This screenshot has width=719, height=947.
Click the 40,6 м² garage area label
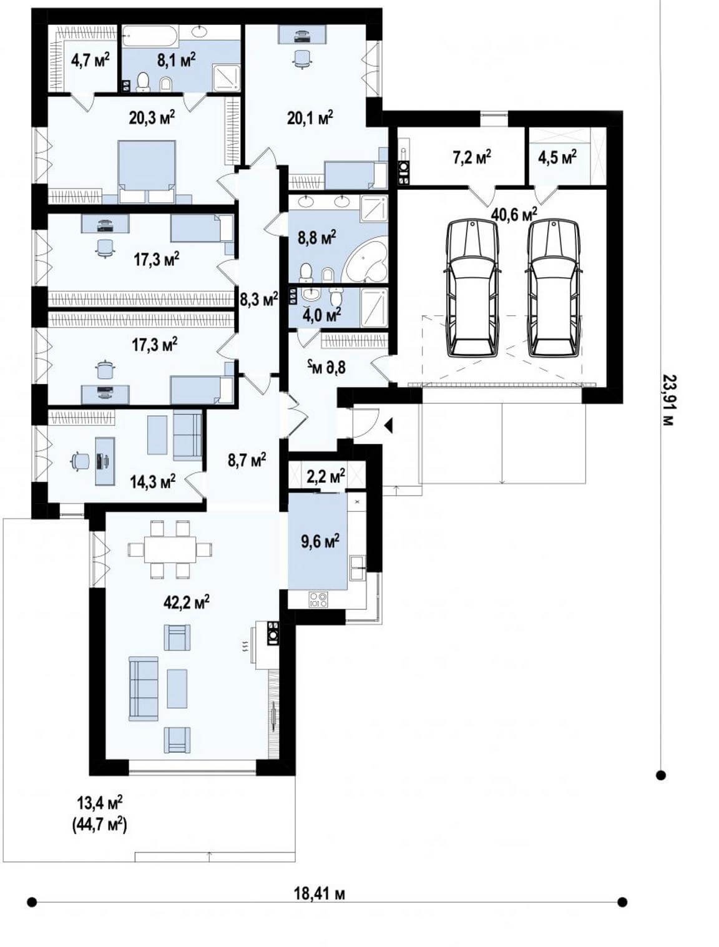[514, 213]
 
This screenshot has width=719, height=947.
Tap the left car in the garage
[472, 288]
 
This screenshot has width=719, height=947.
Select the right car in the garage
[554, 288]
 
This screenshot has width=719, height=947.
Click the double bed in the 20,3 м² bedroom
[147, 171]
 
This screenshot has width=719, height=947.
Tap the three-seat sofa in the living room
[143, 689]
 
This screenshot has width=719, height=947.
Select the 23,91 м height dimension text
[668, 400]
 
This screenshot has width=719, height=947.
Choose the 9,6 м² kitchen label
[319, 540]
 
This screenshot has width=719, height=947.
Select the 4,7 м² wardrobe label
[90, 61]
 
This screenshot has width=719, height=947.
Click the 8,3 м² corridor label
[258, 298]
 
